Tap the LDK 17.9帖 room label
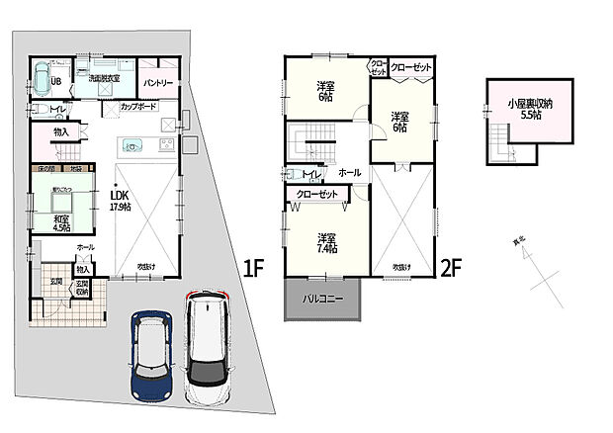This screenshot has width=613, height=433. tap(120, 203)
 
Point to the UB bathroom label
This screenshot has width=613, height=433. tap(57, 81)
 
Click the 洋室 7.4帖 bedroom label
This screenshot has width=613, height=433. tap(326, 243)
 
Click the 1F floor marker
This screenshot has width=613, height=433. tap(254, 267)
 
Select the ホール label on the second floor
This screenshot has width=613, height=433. tap(349, 172)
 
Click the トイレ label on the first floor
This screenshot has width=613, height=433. tap(58, 109)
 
